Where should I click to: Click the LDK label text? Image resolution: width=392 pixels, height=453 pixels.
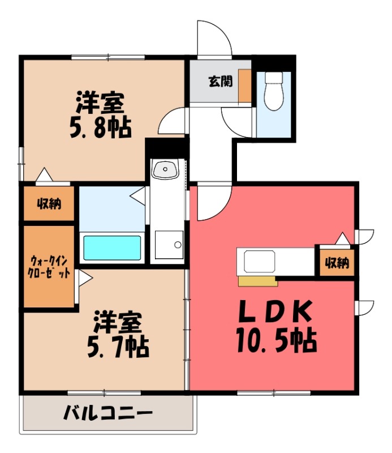pyautogui.click(x=274, y=311)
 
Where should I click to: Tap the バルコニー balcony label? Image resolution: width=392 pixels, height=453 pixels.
pyautogui.click(x=107, y=412)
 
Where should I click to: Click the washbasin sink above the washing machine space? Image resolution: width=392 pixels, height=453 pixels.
pyautogui.click(x=166, y=168)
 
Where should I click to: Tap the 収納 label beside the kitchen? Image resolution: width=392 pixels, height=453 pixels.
pyautogui.click(x=337, y=263)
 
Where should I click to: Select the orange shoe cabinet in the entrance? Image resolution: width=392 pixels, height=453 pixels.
pyautogui.click(x=244, y=86)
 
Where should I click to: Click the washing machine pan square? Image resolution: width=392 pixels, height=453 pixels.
pyautogui.click(x=169, y=245)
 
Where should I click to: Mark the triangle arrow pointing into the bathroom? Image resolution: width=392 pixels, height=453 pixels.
pyautogui.click(x=137, y=196)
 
